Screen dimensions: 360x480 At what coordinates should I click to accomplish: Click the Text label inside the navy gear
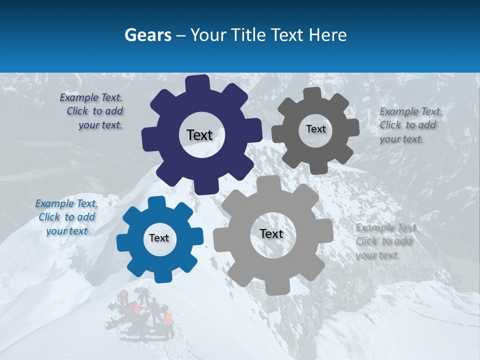pyautogui.click(x=199, y=135)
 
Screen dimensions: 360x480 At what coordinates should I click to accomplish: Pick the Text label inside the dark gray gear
pyautogui.click(x=315, y=129)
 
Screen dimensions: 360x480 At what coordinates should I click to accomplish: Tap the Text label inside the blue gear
pyautogui.click(x=159, y=238)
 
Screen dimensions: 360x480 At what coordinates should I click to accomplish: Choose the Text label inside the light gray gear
pyautogui.click(x=271, y=233)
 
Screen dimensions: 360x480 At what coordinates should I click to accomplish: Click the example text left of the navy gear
pyautogui.click(x=92, y=111)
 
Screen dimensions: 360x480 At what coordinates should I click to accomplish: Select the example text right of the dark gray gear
pyautogui.click(x=410, y=125)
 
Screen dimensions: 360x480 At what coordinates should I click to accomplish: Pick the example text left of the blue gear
pyautogui.click(x=66, y=217)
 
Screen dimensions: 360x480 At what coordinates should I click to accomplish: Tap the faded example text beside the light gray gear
pyautogui.click(x=385, y=241)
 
